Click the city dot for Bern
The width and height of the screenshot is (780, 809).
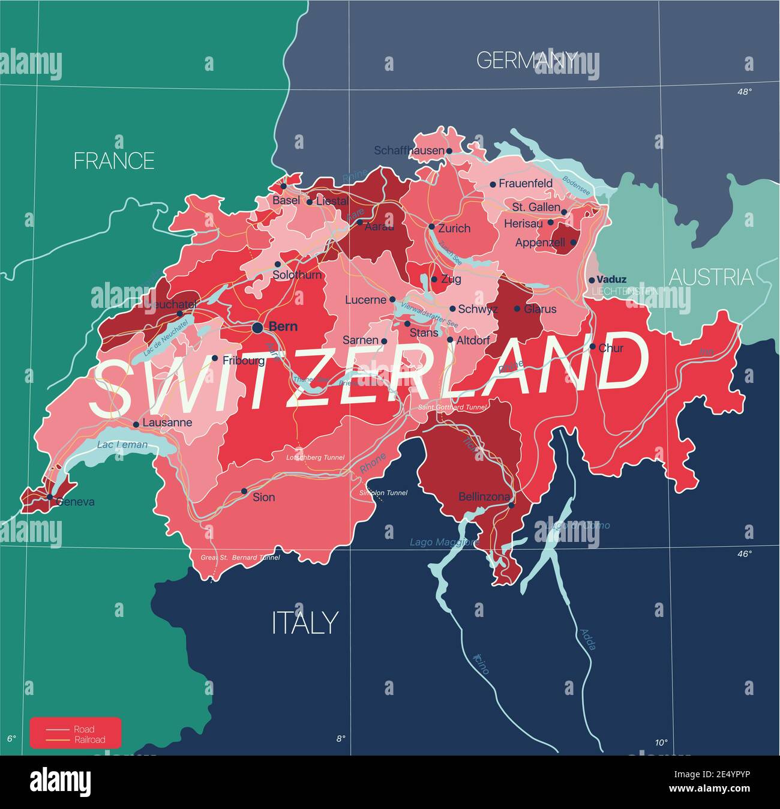tap(257, 327)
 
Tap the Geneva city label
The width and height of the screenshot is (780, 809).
tap(75, 502)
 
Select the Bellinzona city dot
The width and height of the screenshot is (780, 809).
tap(512, 505)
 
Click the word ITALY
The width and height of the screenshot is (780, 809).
tap(305, 623)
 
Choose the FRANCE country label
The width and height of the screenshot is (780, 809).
tap(114, 161)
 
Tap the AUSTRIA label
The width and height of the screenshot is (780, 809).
tap(711, 277)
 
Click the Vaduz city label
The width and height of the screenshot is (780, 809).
tap(611, 279)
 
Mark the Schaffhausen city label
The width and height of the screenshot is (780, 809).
tap(409, 151)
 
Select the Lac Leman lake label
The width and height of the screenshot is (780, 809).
tap(122, 445)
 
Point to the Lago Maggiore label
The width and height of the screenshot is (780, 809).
tap(445, 542)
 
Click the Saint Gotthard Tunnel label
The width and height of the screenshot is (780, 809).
tap(452, 408)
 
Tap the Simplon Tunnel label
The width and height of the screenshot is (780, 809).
tap(383, 493)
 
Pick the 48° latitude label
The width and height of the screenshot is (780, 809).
tap(744, 92)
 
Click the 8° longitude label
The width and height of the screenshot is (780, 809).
tap(340, 739)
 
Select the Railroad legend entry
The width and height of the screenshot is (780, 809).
tap(90, 740)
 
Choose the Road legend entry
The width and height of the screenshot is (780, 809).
tap(84, 730)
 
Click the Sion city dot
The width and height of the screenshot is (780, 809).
tap(244, 491)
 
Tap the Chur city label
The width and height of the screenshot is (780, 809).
tap(611, 348)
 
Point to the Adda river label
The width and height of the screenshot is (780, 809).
tap(587, 640)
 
